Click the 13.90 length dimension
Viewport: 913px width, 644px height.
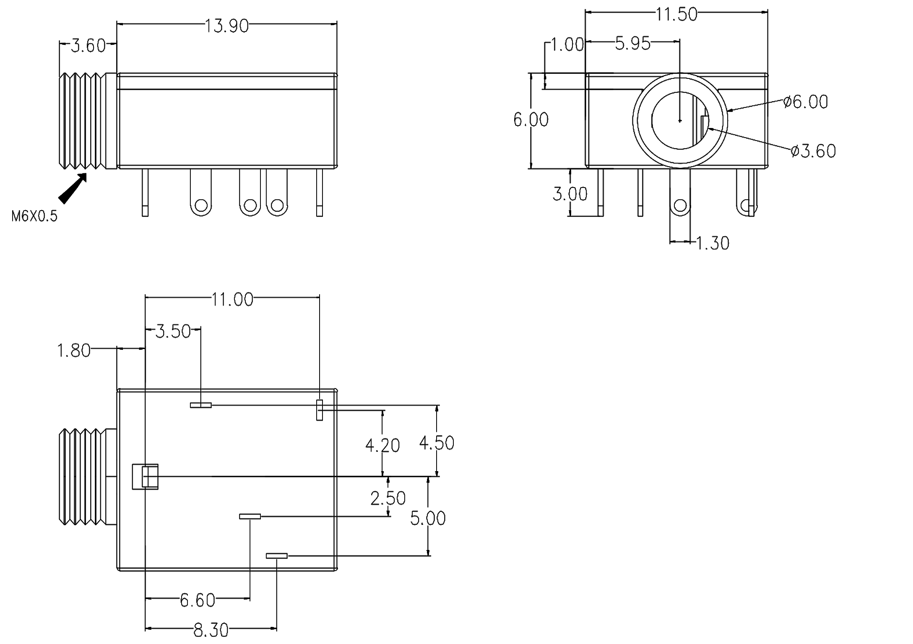pos(226,26)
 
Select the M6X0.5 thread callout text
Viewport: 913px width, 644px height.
pos(34,216)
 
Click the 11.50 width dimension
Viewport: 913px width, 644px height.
pos(676,14)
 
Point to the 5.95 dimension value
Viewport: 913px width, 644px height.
pos(632,43)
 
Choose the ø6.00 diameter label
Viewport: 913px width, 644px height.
pos(806,102)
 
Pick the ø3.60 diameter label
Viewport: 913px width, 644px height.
pos(813,151)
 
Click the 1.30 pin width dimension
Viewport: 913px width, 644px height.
pos(713,243)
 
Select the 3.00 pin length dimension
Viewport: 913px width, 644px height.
pos(570,194)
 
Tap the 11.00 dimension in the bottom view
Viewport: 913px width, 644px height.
pos(232,300)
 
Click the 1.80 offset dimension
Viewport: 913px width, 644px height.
pos(73,350)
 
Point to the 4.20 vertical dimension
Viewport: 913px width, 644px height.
pos(382,445)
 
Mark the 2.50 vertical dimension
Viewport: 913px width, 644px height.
pos(388,498)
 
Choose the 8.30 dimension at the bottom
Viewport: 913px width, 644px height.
pos(211,630)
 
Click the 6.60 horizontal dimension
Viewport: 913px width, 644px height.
pos(197,600)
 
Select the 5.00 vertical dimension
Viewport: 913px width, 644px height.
pos(427,518)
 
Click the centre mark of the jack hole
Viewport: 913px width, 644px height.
pos(680,120)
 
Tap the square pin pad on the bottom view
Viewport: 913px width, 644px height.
pos(145,477)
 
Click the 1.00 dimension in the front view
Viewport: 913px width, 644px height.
pos(567,44)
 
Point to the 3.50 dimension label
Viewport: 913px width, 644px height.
pos(173,331)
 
